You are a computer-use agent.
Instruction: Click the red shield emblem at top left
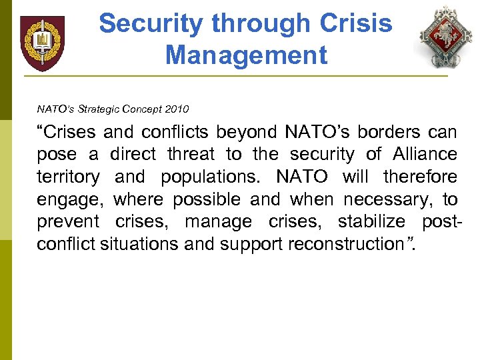point(43,43)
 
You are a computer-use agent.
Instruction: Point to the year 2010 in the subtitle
point(177,109)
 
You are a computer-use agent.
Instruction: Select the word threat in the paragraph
point(191,155)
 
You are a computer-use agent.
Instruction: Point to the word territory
point(68,177)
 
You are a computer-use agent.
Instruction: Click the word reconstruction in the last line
point(346,244)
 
